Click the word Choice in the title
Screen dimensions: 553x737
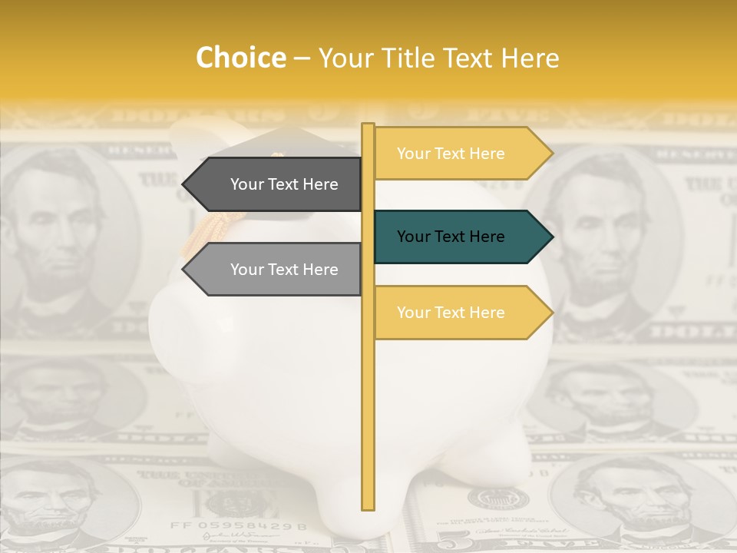pos(240,58)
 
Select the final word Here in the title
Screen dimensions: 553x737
pos(530,58)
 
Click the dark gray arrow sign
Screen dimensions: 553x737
pos(276,184)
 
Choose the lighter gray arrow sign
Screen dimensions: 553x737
pos(276,270)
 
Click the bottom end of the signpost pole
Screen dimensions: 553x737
pos(368,505)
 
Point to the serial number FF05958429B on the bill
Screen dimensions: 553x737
pos(238,527)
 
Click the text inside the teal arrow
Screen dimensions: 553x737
pos(451,237)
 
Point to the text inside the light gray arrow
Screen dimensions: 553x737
pos(284,270)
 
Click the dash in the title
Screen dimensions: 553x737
pos(302,58)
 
